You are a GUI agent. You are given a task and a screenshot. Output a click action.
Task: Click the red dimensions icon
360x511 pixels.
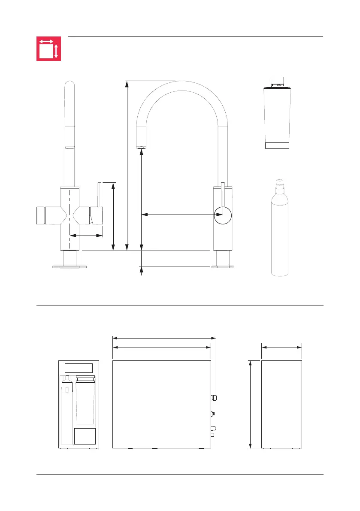pos(48,48)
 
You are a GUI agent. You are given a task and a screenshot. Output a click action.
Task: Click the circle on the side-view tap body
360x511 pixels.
pos(223,215)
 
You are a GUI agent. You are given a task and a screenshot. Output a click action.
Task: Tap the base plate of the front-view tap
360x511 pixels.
pos(70,267)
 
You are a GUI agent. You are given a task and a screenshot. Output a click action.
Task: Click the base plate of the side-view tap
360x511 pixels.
pos(223,267)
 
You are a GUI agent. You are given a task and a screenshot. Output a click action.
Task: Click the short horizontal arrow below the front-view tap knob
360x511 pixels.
pos(86,235)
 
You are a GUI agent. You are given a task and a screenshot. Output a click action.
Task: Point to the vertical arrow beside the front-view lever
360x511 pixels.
pos(113,217)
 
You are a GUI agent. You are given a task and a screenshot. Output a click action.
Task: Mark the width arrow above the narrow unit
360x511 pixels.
pos(281,348)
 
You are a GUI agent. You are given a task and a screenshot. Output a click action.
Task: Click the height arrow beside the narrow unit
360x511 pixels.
pos(251,405)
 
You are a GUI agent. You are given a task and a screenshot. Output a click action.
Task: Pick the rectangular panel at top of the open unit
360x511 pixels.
pos(79,368)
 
